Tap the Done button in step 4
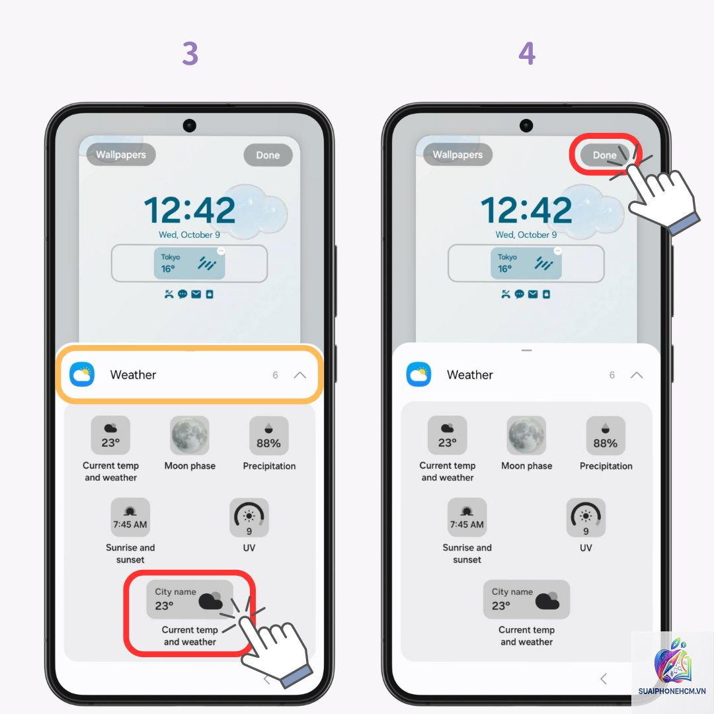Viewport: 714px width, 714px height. click(x=604, y=155)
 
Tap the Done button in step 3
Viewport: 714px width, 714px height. click(x=268, y=155)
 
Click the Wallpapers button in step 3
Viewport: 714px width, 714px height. click(x=121, y=154)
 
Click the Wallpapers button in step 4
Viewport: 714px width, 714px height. click(x=457, y=154)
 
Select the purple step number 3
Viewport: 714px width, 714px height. click(x=190, y=54)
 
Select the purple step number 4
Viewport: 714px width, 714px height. click(x=527, y=54)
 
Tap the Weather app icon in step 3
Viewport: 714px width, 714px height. click(x=82, y=374)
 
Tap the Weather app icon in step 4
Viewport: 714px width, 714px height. click(x=418, y=374)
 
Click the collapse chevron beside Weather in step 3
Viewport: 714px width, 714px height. click(x=299, y=376)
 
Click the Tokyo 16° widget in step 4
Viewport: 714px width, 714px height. click(x=526, y=263)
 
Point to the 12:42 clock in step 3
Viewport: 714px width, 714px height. click(x=190, y=210)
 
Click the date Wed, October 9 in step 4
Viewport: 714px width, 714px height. click(x=526, y=235)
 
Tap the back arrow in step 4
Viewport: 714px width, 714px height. click(x=604, y=678)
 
